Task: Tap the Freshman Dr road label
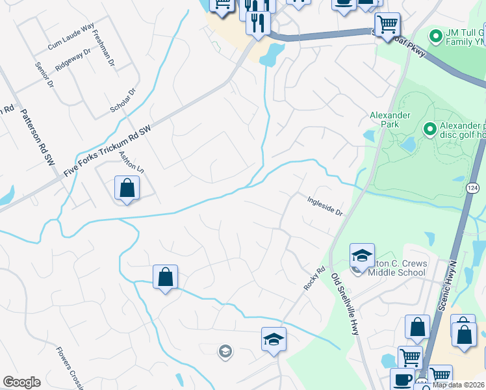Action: [103, 49]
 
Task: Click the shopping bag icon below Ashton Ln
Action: [127, 188]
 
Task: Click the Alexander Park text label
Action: [390, 120]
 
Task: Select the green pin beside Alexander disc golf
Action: [429, 129]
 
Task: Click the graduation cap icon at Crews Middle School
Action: [362, 255]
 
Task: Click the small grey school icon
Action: [225, 352]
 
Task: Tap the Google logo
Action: [21, 382]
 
